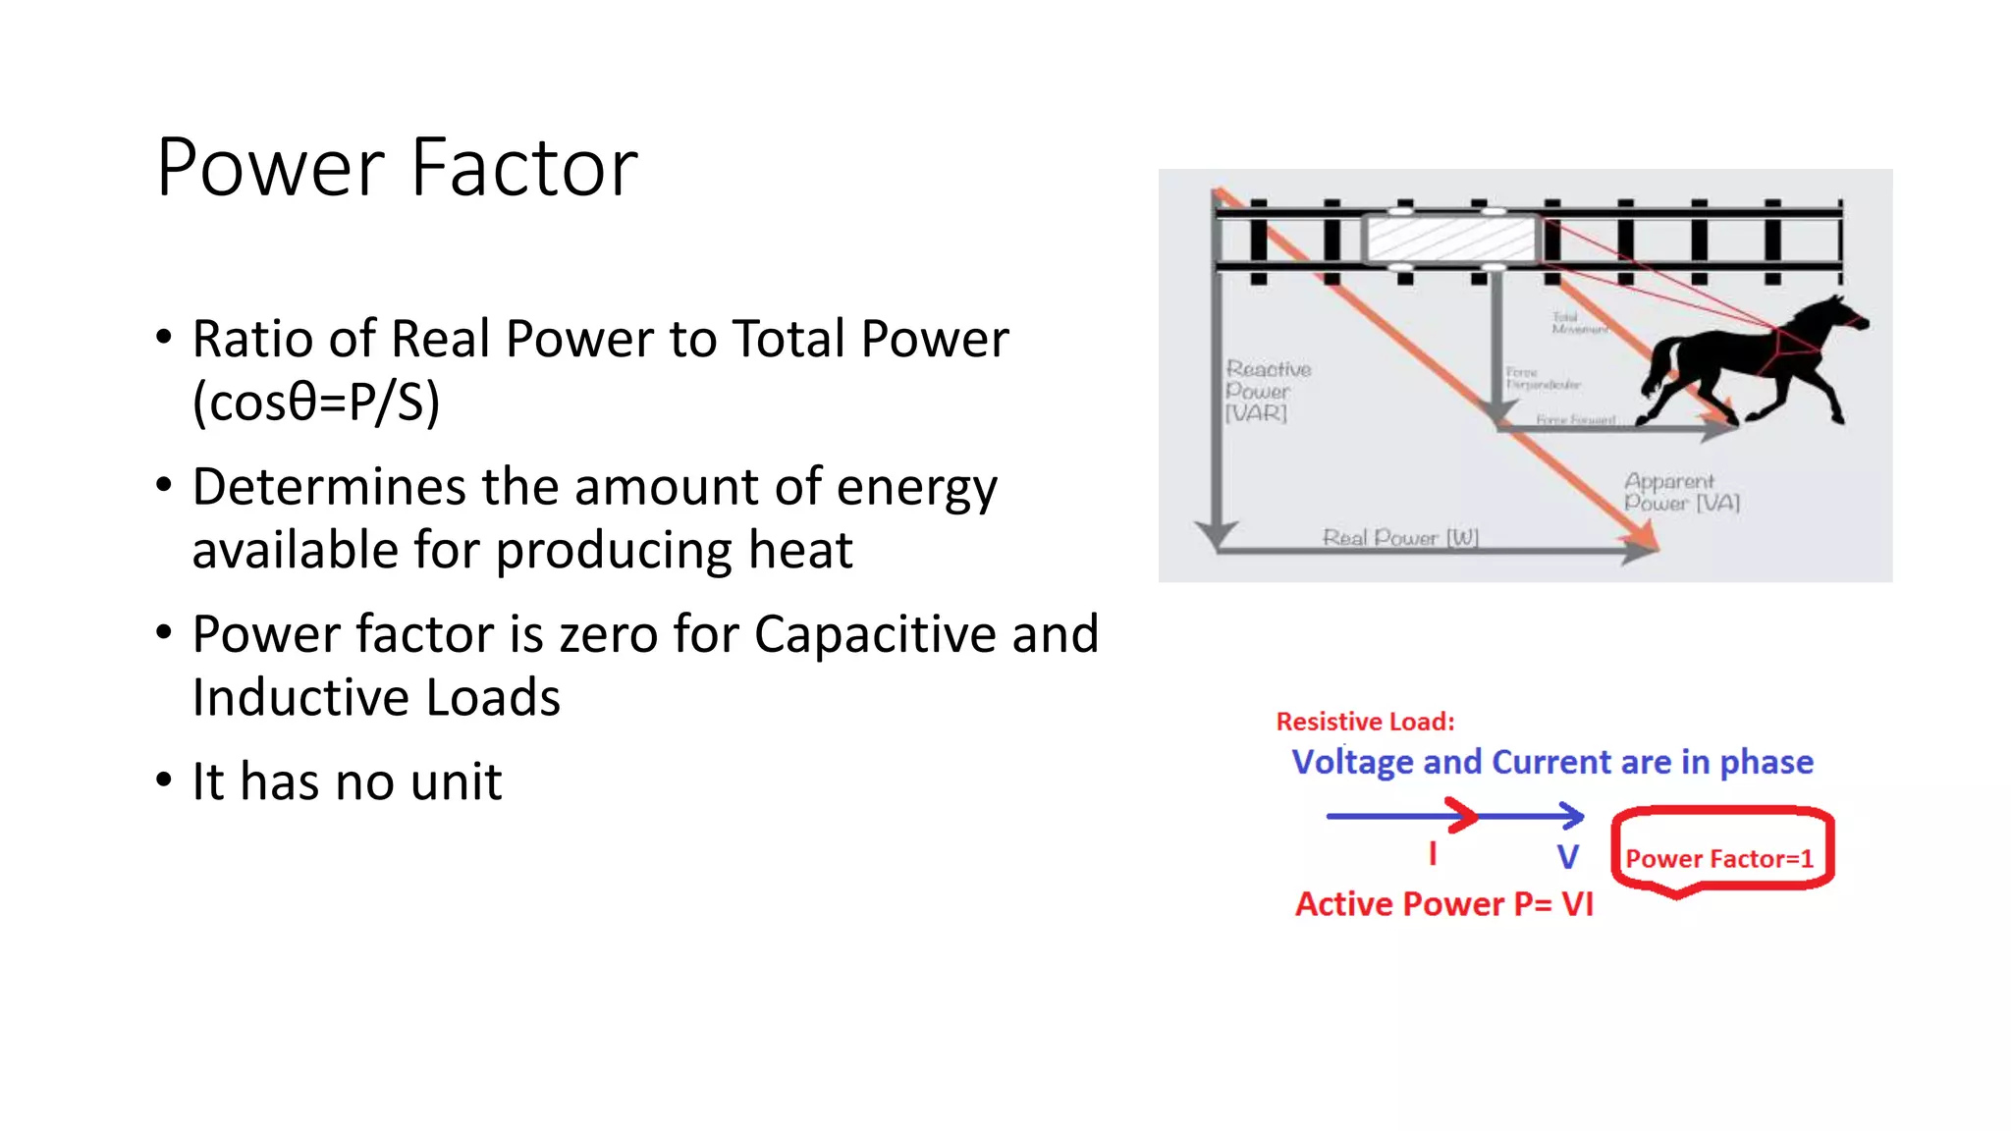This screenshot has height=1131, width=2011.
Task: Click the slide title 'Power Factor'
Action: [x=397, y=168]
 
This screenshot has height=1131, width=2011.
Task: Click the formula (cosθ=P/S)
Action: [x=315, y=402]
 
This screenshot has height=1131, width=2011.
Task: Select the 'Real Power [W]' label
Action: [x=1400, y=537]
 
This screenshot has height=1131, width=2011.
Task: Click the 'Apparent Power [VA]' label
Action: [x=1679, y=492]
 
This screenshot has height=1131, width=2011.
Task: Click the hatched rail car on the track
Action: [x=1450, y=239]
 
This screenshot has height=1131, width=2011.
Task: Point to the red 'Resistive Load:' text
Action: [x=1365, y=722]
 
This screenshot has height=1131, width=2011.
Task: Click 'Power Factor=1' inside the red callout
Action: [x=1718, y=859]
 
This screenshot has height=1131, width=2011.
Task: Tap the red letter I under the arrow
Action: [x=1433, y=854]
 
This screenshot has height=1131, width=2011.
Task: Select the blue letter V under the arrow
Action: [x=1568, y=857]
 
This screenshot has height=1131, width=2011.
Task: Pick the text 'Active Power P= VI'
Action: [x=1443, y=904]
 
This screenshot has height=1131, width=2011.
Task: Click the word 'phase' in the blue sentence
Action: [x=1766, y=763]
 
